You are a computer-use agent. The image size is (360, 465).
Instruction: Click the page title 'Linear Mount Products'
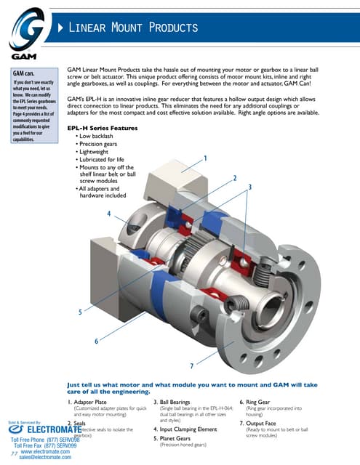(x=134, y=28)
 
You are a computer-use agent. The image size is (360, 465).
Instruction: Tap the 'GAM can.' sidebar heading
(x=25, y=73)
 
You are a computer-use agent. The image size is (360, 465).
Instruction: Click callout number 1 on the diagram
(x=206, y=158)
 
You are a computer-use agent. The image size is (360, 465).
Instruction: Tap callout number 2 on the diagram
(x=234, y=178)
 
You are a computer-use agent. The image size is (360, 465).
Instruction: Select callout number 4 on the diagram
(x=108, y=214)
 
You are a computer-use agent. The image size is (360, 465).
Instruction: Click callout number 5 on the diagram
(x=80, y=312)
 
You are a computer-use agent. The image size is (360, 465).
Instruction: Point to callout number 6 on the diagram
(x=96, y=341)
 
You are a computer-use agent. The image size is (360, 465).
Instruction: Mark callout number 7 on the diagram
(x=191, y=365)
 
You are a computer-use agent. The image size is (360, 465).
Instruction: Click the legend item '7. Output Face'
(x=266, y=423)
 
